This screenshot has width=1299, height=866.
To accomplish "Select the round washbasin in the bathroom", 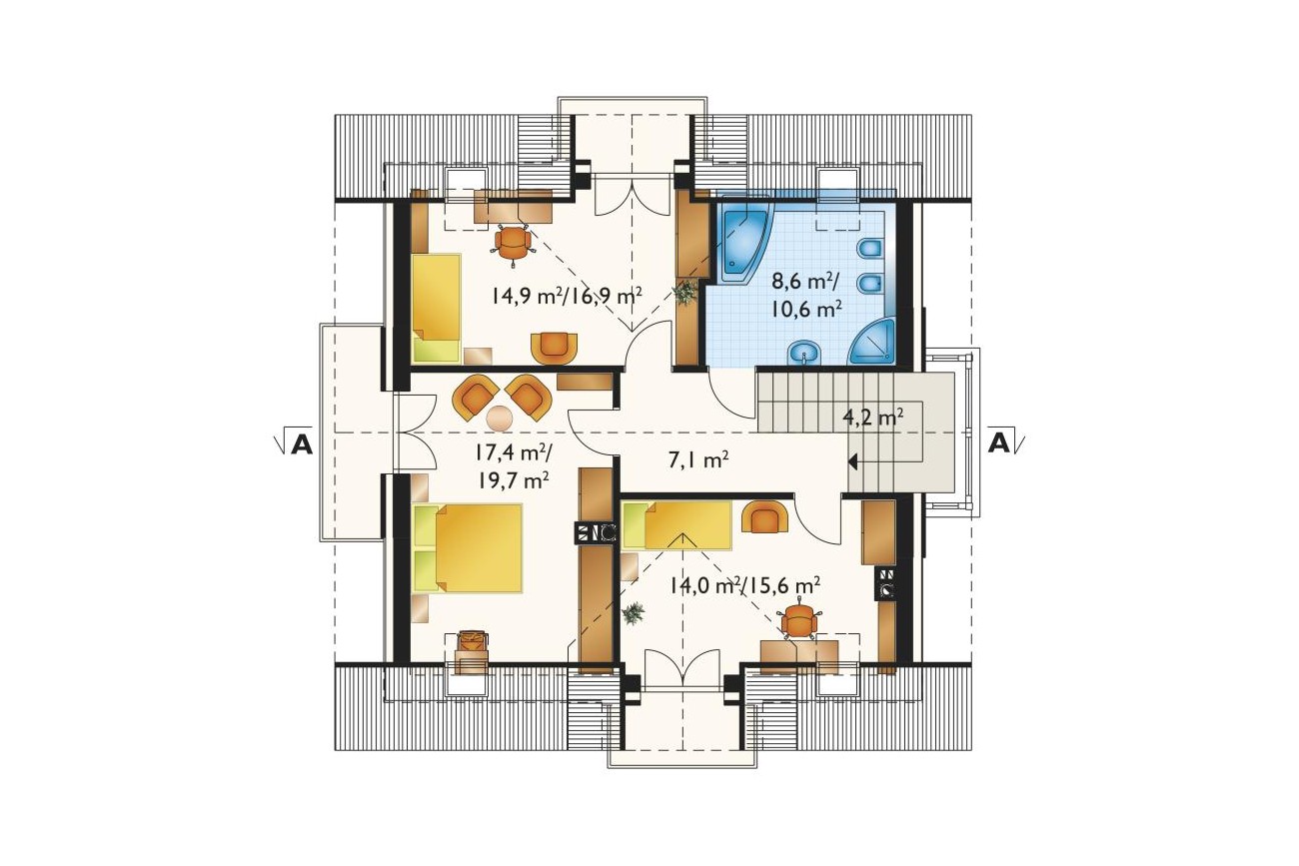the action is (803, 353).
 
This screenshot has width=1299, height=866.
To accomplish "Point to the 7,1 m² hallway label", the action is (698, 460).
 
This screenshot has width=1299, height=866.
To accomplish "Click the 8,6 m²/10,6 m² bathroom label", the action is (806, 296).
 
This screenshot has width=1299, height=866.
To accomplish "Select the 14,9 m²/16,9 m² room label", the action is (567, 297).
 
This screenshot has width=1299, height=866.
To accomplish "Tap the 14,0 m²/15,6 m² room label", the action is (745, 585).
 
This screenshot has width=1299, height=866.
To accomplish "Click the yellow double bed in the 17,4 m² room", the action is (468, 547).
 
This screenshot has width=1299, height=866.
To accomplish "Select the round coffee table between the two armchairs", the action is (500, 418).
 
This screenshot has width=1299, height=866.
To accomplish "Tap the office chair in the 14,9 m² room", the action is (514, 244).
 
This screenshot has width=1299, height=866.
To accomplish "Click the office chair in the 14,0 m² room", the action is (799, 623).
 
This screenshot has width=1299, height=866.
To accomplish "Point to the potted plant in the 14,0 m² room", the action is (634, 612).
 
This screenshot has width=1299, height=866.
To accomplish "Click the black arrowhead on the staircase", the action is (853, 461).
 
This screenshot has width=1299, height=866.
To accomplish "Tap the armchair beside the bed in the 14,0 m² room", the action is (765, 517).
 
